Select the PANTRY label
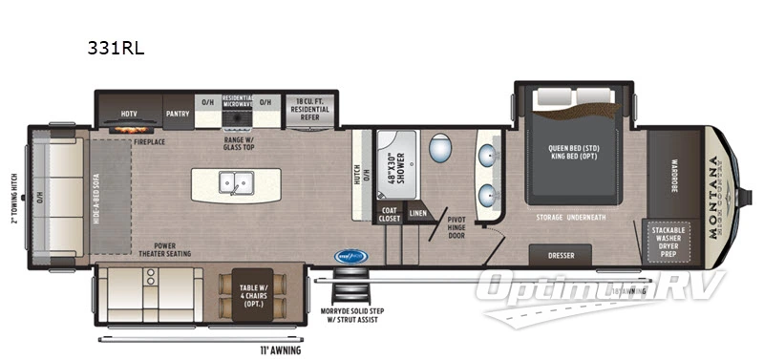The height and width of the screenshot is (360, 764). click(178, 112)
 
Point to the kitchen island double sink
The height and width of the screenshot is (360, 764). click(235, 182)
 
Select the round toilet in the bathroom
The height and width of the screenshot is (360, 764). click(440, 148)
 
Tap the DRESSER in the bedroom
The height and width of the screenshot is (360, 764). click(561, 255)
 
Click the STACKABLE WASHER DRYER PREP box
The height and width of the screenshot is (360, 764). click(675, 243)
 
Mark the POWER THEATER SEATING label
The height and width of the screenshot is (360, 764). click(164, 249)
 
